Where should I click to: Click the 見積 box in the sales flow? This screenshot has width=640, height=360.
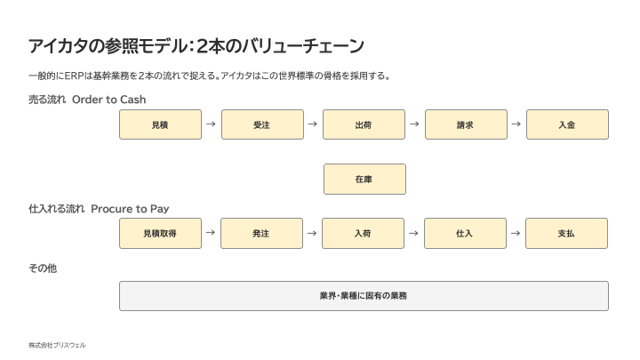point(160,124)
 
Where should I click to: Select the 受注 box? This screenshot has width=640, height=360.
point(262,124)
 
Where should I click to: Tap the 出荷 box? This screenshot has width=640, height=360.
point(364,124)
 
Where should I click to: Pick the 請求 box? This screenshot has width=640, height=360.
point(466,124)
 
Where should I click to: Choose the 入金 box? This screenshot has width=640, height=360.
point(567,124)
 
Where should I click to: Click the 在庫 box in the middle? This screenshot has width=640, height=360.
point(364,180)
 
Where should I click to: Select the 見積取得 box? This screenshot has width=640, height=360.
point(160,234)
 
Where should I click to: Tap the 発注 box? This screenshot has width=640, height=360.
point(261,234)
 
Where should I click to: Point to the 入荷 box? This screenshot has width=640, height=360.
point(363,234)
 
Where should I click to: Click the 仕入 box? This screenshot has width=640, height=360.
point(465,234)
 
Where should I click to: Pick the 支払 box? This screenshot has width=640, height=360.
point(566,234)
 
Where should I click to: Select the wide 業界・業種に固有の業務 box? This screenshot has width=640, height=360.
point(364,296)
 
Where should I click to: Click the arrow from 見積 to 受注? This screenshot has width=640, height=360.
point(211,124)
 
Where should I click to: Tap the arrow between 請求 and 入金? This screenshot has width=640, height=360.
point(516,124)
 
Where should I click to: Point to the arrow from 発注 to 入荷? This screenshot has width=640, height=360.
point(312,233)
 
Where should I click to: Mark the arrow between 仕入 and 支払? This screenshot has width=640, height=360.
point(516,233)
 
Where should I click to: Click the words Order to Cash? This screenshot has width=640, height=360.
point(109,100)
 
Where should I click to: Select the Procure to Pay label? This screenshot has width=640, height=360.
point(130,209)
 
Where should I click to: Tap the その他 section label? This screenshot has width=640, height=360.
point(43,268)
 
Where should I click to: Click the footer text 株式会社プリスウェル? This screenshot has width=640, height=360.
point(57,345)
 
